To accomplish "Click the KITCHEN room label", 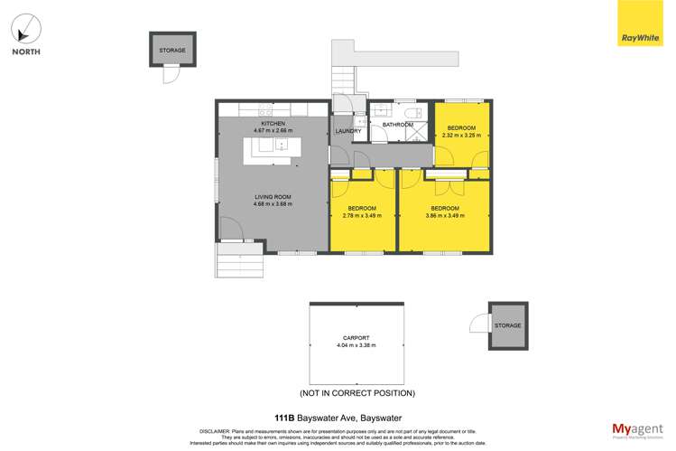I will click(273, 123).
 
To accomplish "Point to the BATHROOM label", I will click(397, 124).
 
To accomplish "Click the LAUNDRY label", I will click(347, 131).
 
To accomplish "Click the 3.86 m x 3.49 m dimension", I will click(446, 216).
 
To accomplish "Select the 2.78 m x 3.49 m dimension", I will click(362, 216).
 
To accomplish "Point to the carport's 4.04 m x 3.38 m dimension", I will click(356, 345).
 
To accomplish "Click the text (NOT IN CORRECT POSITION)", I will click(357, 393).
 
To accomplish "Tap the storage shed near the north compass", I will click(171, 51).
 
